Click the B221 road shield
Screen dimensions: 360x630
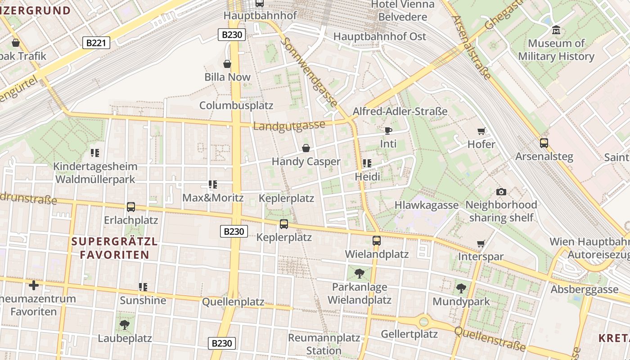pos(96,43)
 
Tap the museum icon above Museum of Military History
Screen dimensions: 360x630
pos(556,30)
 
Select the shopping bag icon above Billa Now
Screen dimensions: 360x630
pos(227,64)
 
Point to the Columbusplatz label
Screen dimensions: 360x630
pos(236,105)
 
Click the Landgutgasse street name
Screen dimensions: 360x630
pos(289,126)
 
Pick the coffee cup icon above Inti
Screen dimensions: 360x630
pos(388,131)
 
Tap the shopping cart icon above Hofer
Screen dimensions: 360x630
pos(481,131)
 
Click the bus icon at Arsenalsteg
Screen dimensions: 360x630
pos(544,143)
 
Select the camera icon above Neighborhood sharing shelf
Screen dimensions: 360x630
pos(501,192)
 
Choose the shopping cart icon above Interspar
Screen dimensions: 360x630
pos(481,243)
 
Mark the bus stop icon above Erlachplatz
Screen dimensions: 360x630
pos(131,207)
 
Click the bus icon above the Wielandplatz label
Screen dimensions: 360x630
pos(377,241)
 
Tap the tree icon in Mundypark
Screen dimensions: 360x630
pos(461,288)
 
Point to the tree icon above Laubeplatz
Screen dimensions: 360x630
pos(125,324)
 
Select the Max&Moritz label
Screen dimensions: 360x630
pos(213,198)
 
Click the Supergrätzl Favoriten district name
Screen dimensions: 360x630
pos(114,248)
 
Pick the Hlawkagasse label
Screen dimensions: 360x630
pos(426,205)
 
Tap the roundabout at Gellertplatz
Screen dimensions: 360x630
pos(423,322)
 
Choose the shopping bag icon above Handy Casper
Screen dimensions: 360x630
pos(306,148)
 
